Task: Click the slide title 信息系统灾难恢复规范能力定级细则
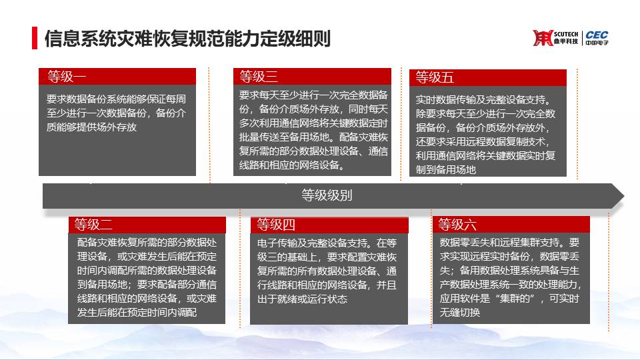[187, 39]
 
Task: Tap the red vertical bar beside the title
[35, 38]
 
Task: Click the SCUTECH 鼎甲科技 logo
[555, 38]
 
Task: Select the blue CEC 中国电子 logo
[597, 38]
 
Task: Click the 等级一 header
[67, 76]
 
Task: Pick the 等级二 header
[93, 225]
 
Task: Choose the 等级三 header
[259, 76]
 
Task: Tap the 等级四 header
[276, 225]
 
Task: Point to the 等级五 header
[434, 77]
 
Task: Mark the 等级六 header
[457, 225]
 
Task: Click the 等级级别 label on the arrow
[327, 195]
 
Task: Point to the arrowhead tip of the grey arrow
[624, 196]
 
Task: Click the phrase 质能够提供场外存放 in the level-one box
[91, 127]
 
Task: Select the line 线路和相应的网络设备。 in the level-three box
[293, 165]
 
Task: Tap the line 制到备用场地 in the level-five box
[446, 169]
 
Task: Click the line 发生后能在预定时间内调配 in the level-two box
[137, 312]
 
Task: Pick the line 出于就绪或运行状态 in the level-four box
[302, 299]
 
